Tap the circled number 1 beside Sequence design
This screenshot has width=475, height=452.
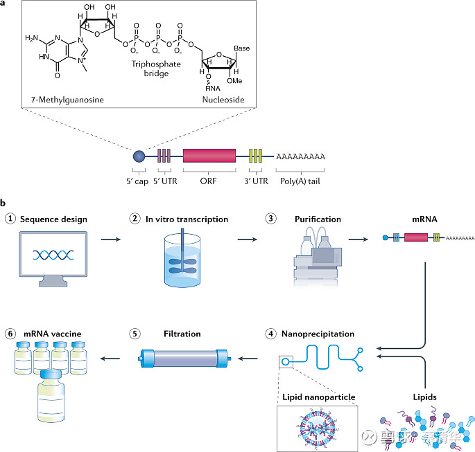[10, 219]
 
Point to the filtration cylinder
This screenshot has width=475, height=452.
[184, 359]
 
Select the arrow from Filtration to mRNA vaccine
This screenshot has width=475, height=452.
[112, 359]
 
